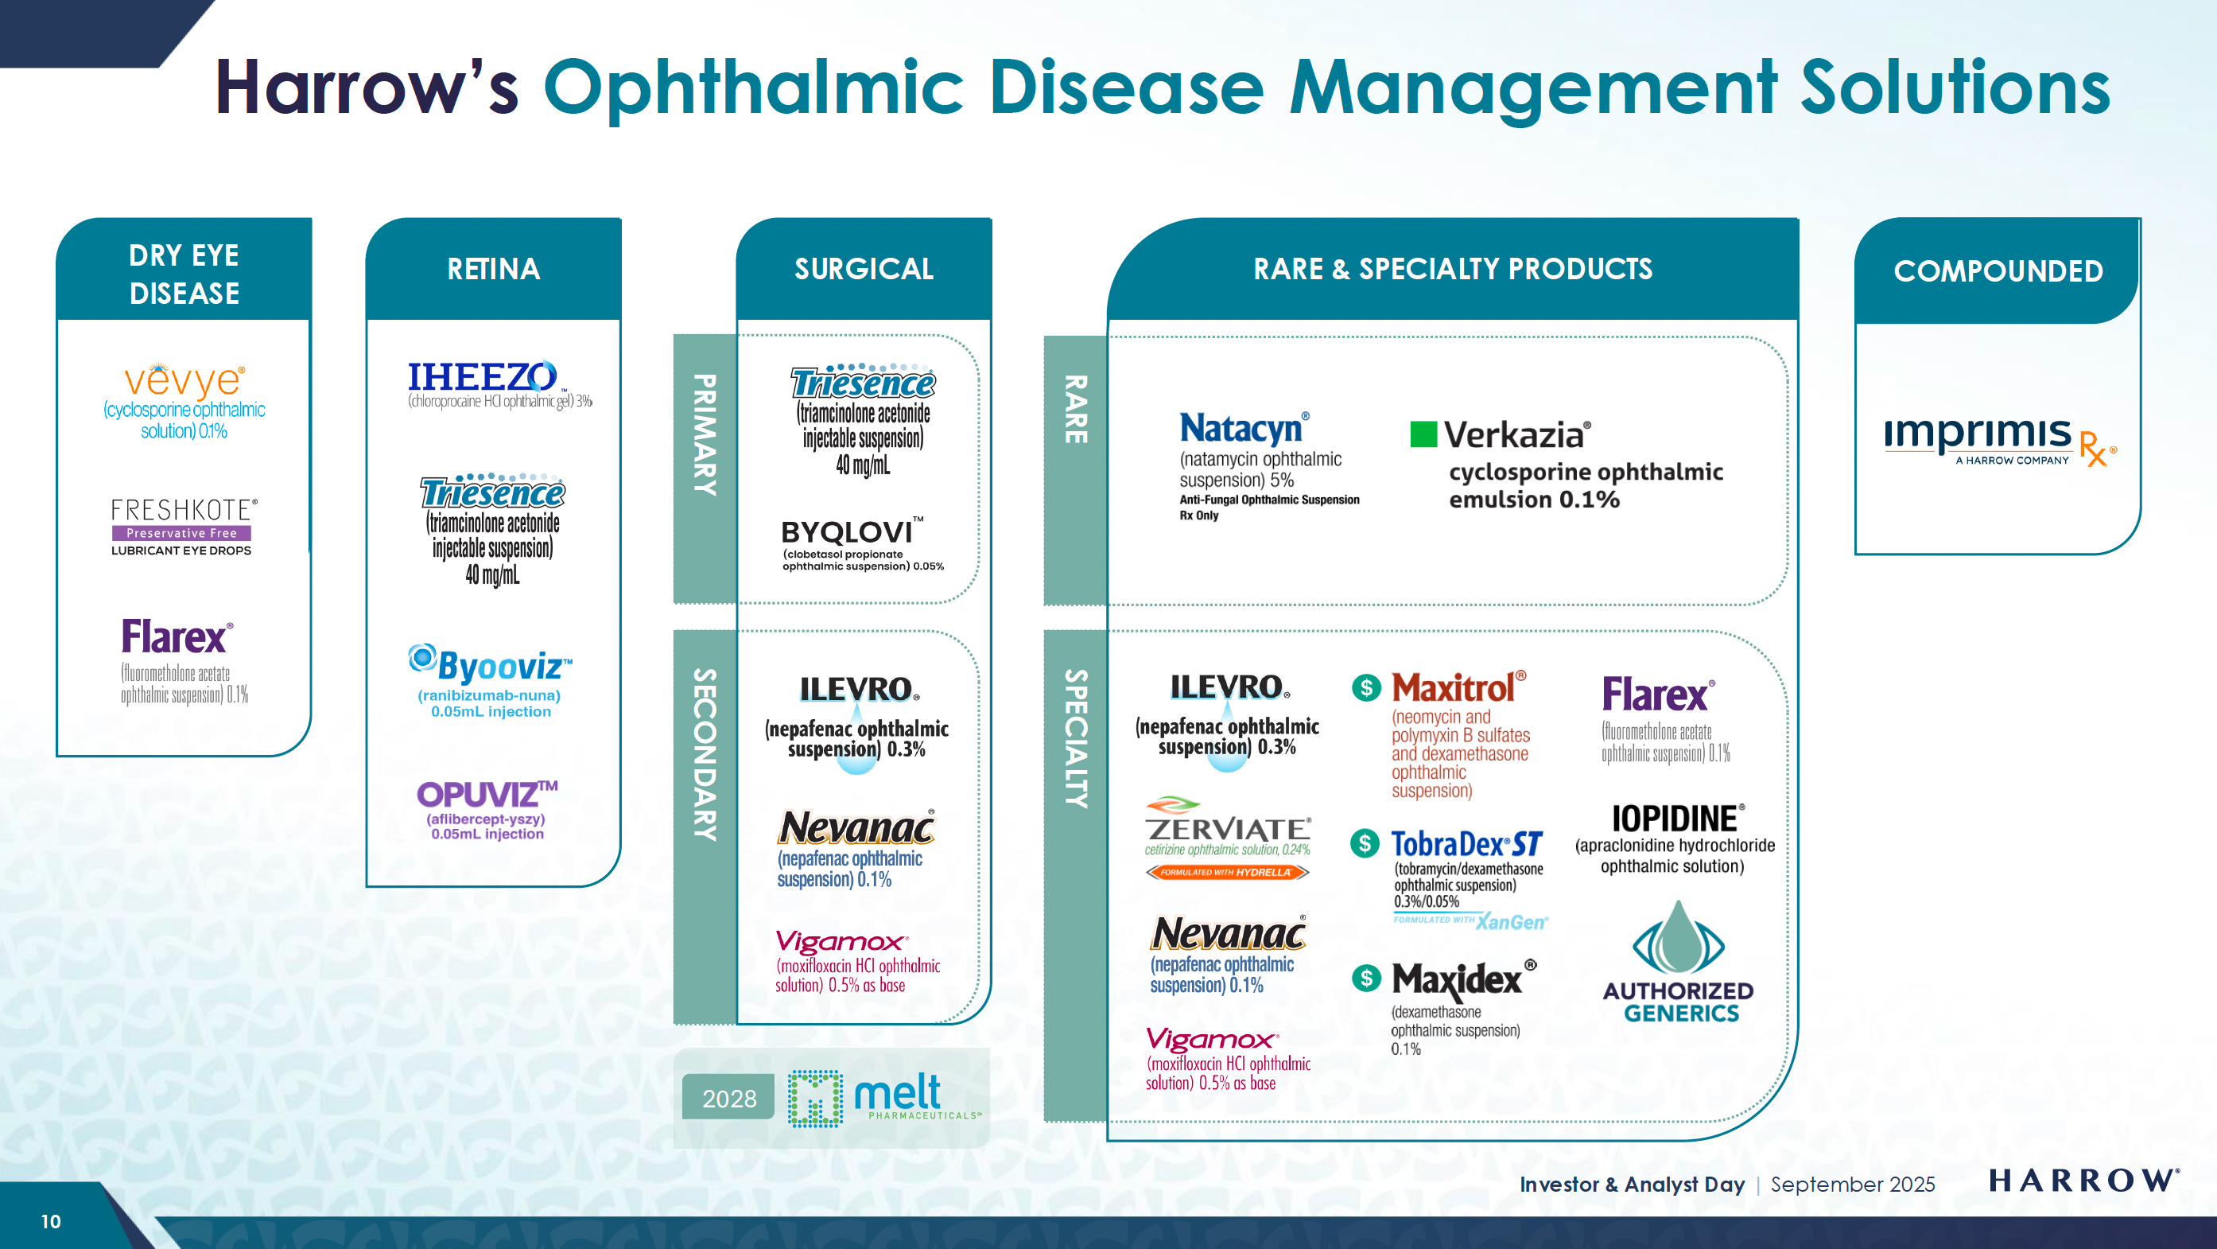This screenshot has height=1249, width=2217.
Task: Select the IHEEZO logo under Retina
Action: pos(482,377)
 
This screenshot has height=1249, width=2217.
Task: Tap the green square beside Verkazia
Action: pos(1423,434)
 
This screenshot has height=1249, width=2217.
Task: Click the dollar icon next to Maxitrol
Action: pos(1366,688)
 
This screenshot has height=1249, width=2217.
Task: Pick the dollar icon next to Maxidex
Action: pos(1366,978)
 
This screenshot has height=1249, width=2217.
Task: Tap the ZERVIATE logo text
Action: pos(1227,829)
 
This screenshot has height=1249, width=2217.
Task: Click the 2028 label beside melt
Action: pos(729,1099)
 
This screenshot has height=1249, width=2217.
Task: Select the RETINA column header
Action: pos(493,270)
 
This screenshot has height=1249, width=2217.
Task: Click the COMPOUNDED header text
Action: pos(1998,271)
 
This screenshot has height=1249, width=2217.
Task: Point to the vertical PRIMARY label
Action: pos(705,434)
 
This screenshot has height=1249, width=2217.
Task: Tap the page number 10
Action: pos(51,1220)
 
